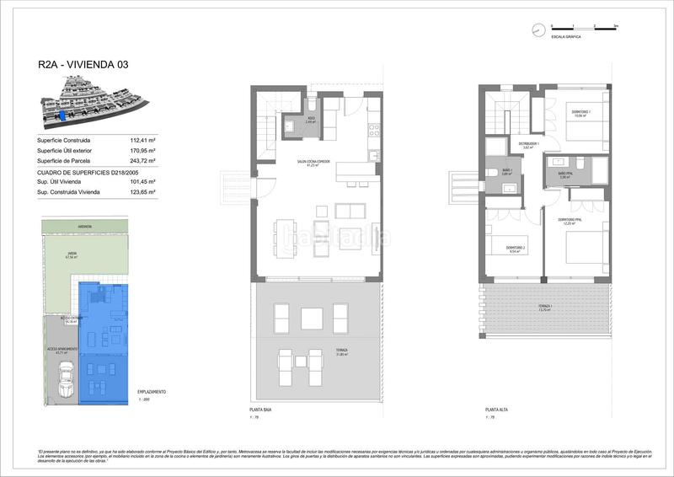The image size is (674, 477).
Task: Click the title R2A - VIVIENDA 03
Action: tap(83, 64)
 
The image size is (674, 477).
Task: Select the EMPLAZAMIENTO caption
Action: tap(151, 392)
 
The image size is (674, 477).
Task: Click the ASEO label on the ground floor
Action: tap(311, 120)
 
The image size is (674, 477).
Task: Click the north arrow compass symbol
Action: tap(538, 30)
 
